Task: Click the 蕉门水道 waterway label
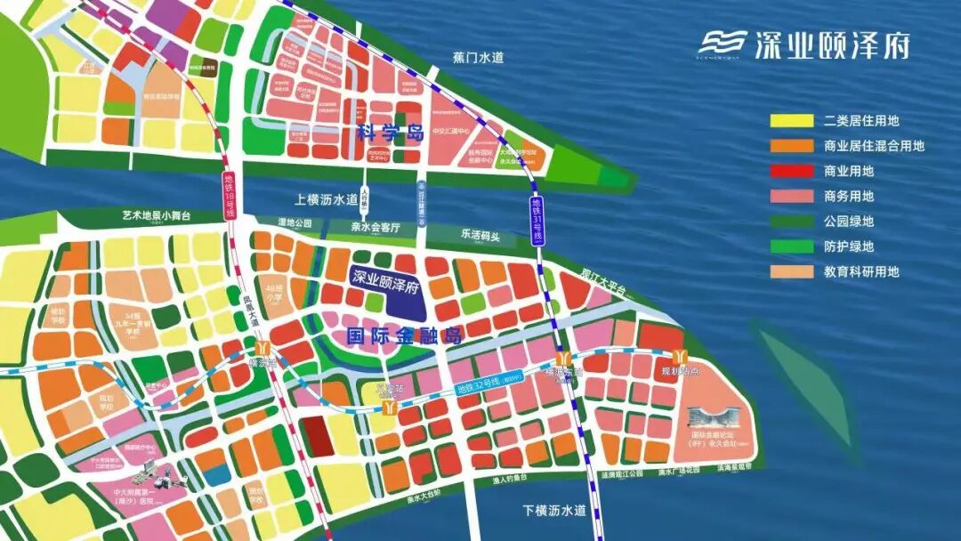(478, 58)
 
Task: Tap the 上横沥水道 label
(327, 199)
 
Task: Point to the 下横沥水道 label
(555, 511)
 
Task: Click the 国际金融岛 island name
(392, 336)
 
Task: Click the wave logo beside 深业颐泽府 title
(723, 44)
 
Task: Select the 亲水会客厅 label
(376, 228)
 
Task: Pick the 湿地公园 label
(295, 223)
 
